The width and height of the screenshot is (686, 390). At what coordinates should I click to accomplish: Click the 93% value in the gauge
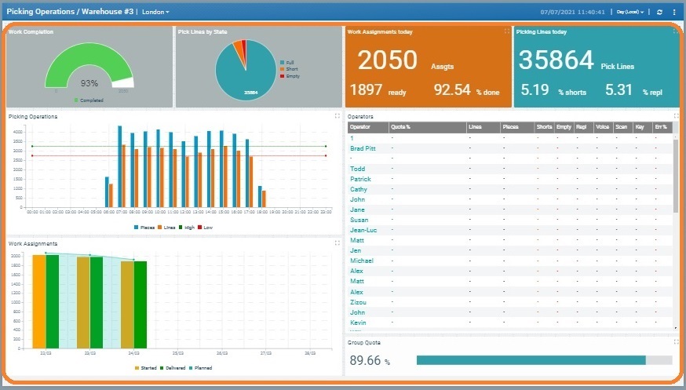click(89, 82)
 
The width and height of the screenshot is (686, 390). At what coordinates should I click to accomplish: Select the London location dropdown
click(155, 12)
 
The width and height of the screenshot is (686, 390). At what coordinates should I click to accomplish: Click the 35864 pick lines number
click(554, 62)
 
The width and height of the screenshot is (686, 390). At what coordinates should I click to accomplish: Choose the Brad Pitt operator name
click(362, 148)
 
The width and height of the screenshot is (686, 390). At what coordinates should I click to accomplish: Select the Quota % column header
click(401, 126)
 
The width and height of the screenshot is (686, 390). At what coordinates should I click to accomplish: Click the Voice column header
click(603, 126)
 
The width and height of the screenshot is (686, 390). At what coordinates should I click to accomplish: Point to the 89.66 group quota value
click(365, 361)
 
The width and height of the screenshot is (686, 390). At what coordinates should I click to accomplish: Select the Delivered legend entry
click(173, 367)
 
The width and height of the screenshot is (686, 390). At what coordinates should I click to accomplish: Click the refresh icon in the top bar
click(659, 12)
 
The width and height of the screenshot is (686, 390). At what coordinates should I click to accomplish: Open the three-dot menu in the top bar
click(673, 12)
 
